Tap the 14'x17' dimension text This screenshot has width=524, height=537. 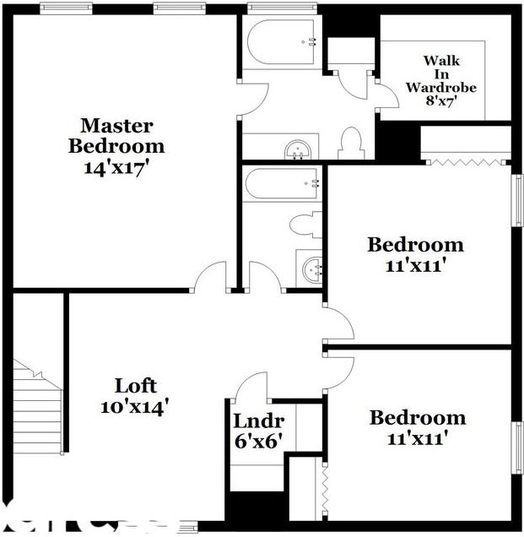click(x=116, y=166)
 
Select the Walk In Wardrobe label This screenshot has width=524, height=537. click(x=440, y=73)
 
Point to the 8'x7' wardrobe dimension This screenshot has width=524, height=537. click(x=440, y=102)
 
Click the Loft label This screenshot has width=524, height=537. click(x=136, y=386)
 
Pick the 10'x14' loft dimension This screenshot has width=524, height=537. click(x=136, y=406)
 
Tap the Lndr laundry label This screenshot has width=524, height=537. click(x=258, y=420)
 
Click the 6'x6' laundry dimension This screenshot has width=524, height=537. click(x=257, y=440)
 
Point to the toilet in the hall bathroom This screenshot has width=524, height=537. click(x=304, y=225)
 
